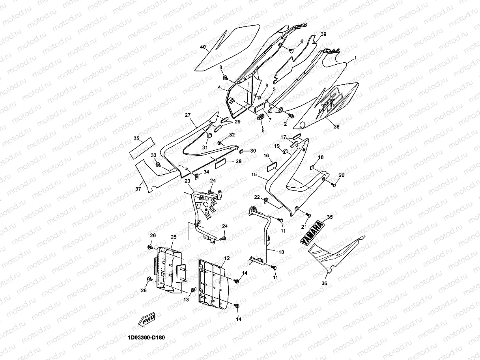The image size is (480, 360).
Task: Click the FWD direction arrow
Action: click(147, 319)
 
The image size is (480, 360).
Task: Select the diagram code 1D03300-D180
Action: click(147, 338)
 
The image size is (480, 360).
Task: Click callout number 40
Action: click(203, 47)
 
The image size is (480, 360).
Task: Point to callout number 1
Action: click(355, 58)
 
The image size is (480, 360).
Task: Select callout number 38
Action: click(336, 127)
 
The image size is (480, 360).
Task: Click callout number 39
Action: click(323, 34)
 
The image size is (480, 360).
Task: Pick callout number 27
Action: click(187, 115)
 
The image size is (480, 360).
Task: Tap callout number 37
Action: click(138, 189)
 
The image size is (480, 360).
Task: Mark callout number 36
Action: click(324, 283)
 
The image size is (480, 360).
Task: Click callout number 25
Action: click(173, 237)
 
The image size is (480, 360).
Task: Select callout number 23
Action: click(187, 181)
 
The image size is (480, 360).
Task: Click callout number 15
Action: click(254, 174)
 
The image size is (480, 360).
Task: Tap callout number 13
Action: click(186, 300)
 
